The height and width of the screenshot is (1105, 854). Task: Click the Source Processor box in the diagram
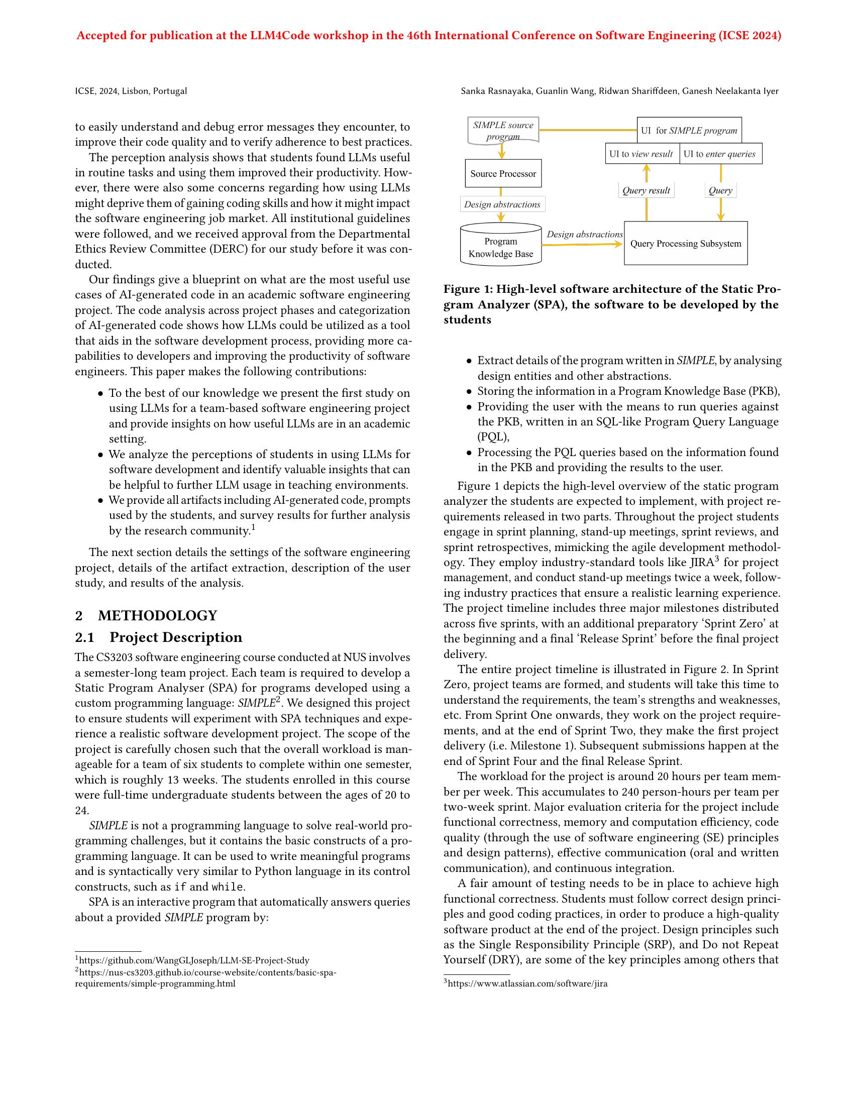point(503,174)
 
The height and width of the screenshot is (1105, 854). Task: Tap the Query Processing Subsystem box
point(686,244)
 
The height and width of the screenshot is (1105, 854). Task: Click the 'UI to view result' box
point(642,154)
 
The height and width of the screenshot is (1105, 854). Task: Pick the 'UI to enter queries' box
point(720,154)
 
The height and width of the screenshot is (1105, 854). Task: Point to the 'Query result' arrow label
point(646,190)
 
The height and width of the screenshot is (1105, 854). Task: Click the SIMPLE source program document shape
point(503,130)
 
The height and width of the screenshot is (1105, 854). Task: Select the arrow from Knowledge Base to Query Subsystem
point(582,245)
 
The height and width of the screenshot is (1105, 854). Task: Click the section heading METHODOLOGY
point(157,615)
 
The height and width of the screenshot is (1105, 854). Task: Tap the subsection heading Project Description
point(175,637)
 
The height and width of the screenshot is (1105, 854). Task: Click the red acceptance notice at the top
point(429,36)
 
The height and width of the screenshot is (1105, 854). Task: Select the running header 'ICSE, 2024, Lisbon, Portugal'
point(131,91)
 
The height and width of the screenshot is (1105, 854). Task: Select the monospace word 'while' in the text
point(227,887)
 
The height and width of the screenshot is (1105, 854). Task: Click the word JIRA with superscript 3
point(700,563)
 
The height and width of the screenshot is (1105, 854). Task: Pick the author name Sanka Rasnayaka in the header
point(496,91)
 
